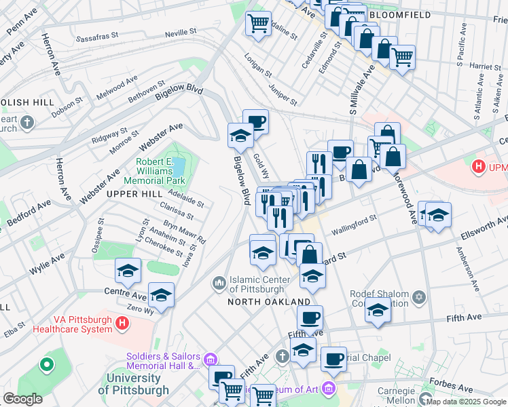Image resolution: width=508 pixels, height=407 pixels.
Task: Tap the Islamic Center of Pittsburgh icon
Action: click(219, 282)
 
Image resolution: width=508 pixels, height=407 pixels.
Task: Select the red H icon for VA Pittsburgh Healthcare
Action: click(122, 324)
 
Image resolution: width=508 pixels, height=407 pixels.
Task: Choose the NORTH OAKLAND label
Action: click(269, 301)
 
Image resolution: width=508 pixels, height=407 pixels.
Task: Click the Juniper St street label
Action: click(283, 94)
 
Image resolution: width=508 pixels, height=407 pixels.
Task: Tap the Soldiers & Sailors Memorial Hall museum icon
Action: click(210, 358)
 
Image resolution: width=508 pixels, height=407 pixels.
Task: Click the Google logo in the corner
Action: click(23, 399)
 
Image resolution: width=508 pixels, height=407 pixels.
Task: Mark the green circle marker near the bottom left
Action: click(46, 365)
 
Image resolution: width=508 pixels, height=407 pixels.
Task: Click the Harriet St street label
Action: click(470, 67)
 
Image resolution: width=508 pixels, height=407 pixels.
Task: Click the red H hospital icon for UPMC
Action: click(479, 166)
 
